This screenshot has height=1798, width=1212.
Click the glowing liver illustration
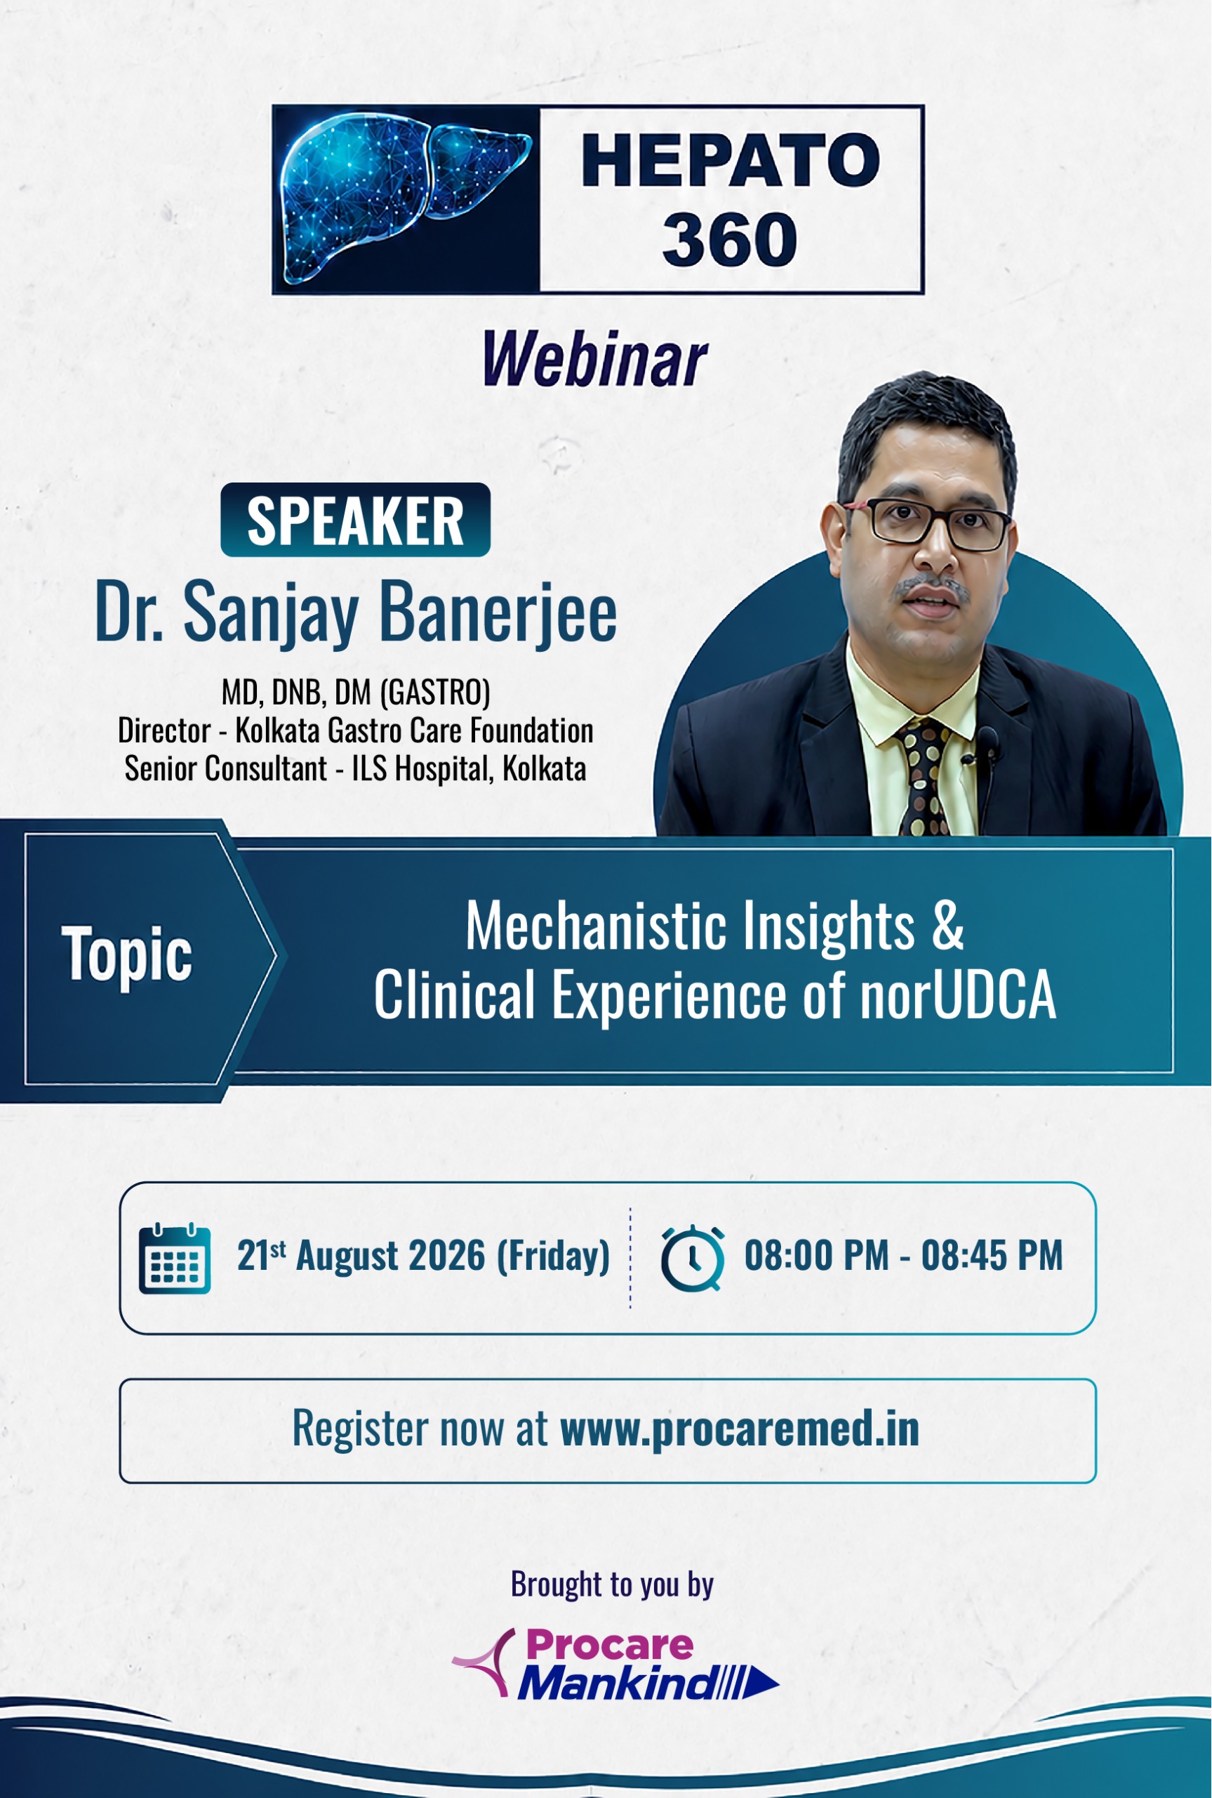[x=405, y=198]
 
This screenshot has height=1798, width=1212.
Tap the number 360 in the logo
[x=729, y=239]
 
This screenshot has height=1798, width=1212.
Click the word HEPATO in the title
[x=731, y=160]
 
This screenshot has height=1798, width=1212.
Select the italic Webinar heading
[x=594, y=359]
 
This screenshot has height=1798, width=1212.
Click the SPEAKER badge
[x=356, y=520]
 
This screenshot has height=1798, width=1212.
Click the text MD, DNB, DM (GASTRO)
[x=356, y=692]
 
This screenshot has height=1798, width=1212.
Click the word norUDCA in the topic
[x=959, y=995]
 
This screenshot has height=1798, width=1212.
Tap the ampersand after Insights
[x=947, y=926]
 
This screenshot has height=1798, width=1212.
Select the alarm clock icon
[x=693, y=1258]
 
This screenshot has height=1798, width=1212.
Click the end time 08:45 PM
[x=992, y=1256]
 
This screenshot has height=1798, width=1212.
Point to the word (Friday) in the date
[x=553, y=1256]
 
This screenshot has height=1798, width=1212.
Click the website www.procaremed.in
[x=740, y=1429]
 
